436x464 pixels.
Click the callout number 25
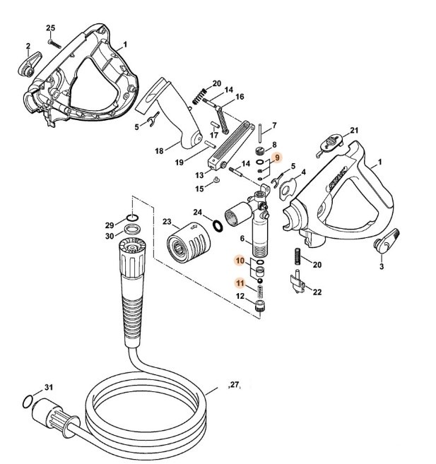point(50,28)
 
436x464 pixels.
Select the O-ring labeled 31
point(27,400)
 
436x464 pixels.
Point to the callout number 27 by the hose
point(235,385)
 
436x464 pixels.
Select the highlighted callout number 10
point(240,261)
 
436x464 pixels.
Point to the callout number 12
point(240,296)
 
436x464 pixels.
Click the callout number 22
point(317,292)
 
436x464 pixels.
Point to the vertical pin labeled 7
point(261,131)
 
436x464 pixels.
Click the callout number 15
point(199,188)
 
